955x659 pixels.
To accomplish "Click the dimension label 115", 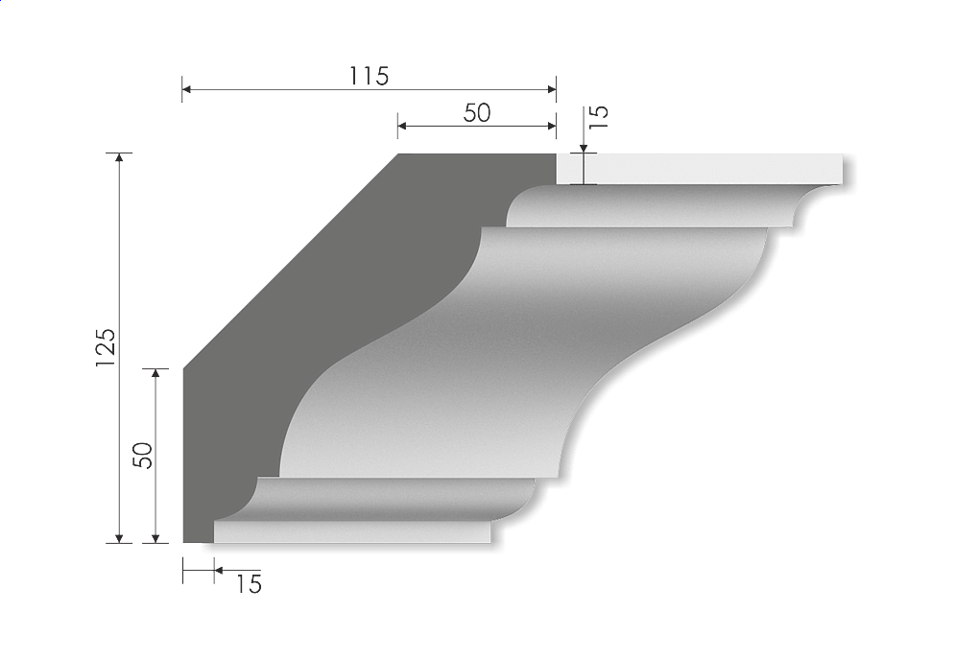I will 369,76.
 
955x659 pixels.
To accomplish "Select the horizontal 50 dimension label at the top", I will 476,112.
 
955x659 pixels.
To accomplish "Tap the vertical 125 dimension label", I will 106,346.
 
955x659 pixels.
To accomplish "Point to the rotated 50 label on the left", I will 142,455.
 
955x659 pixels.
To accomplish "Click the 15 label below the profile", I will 248,582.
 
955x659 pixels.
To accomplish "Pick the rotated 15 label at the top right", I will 597,115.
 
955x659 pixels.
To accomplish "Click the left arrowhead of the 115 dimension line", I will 187,89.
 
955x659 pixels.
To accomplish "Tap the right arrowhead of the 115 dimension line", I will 552,89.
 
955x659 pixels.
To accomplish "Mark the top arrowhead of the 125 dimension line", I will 119,158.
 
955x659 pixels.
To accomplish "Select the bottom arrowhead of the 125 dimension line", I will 119,537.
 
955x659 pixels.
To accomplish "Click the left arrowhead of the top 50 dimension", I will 402,125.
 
